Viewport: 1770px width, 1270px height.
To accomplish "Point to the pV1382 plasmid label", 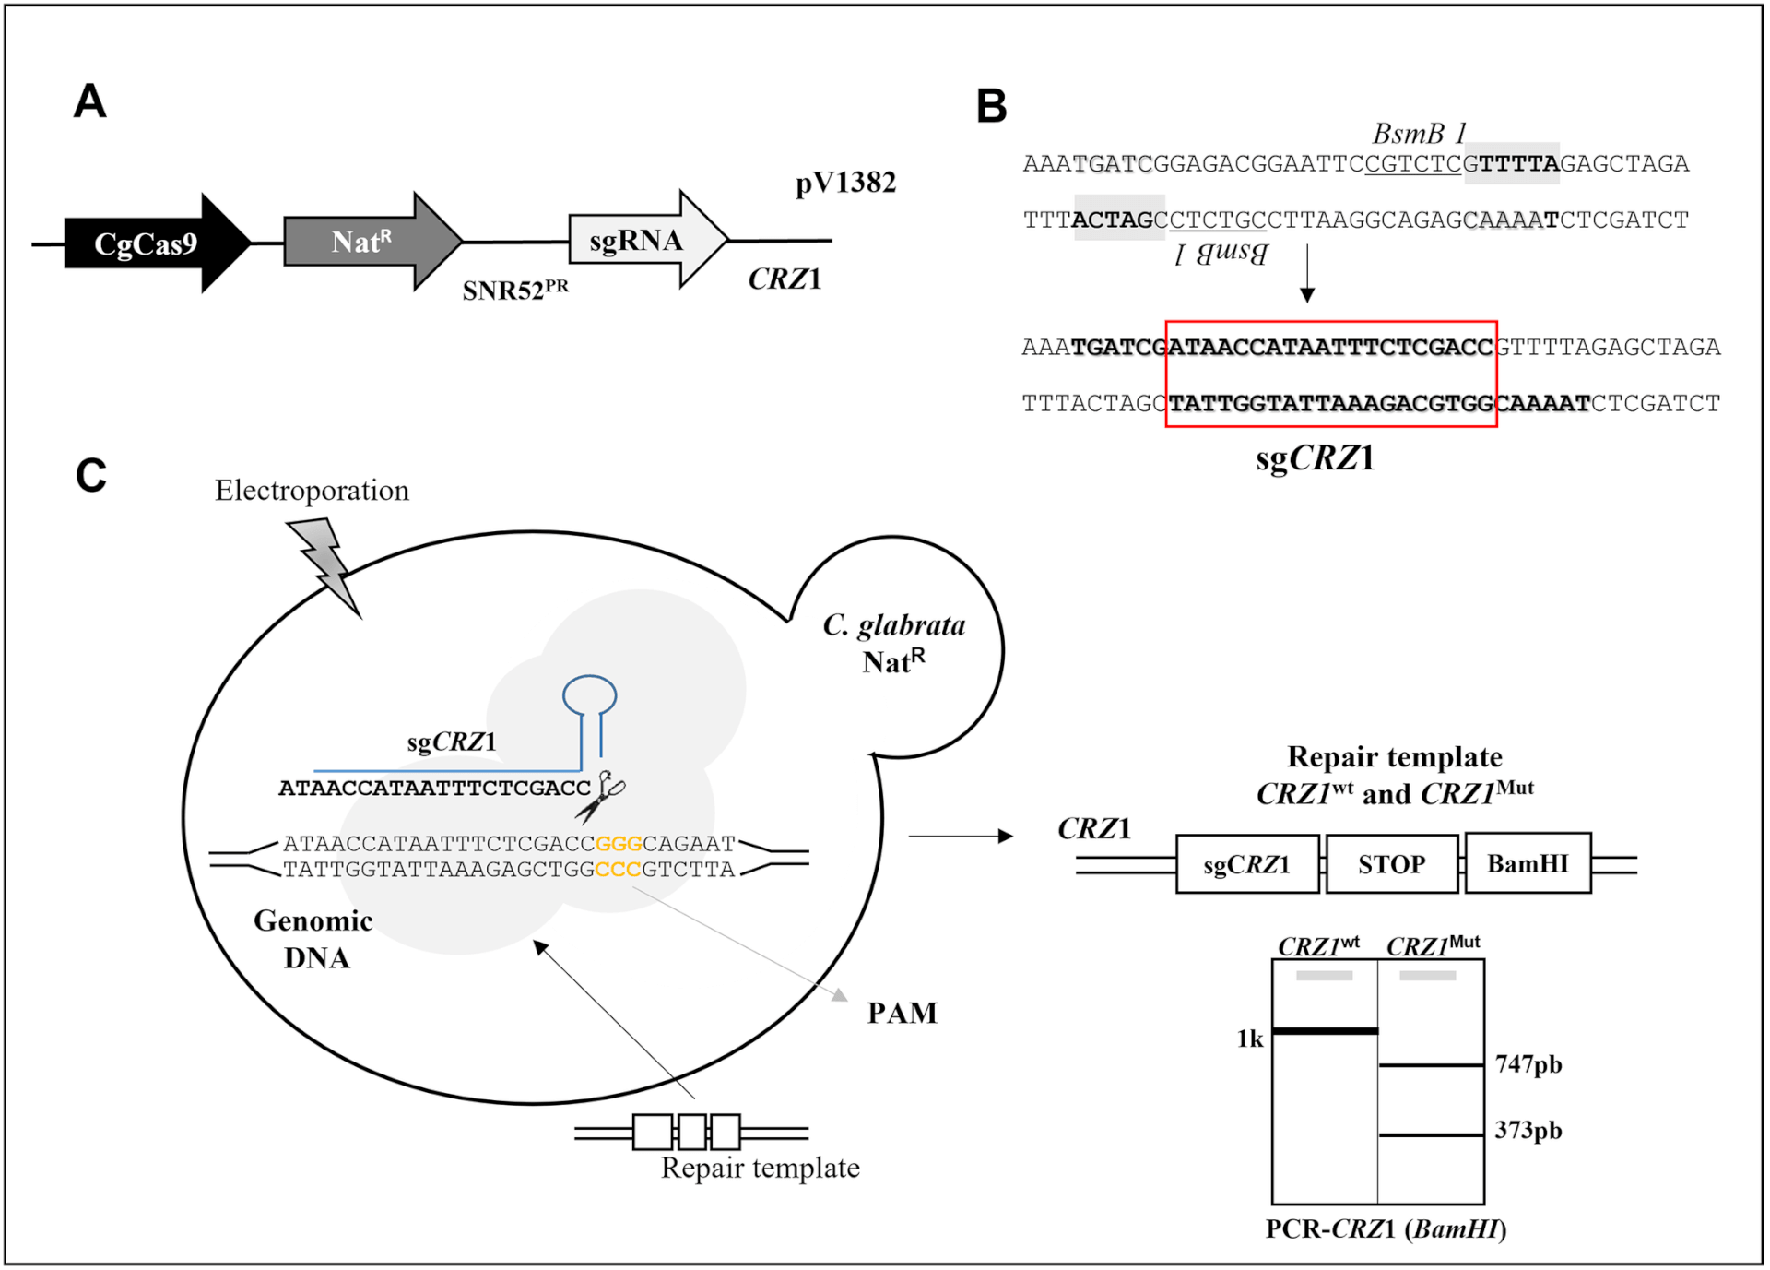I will (845, 183).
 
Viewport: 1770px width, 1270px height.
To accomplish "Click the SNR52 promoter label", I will (514, 291).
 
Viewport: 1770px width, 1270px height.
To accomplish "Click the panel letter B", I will (992, 107).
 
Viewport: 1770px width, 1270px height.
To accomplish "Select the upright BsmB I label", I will (1418, 135).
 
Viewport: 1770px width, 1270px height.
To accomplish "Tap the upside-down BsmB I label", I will (1221, 253).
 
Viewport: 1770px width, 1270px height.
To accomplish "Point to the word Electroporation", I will (312, 490).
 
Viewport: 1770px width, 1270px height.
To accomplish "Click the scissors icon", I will (601, 796).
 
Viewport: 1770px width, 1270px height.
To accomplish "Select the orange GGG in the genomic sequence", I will (619, 844).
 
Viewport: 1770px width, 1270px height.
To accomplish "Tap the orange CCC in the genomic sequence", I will (618, 870).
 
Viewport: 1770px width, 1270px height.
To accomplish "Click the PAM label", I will (902, 1013).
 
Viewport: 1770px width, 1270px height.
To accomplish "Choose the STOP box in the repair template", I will (1391, 864).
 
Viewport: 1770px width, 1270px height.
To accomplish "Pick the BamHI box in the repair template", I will (1528, 864).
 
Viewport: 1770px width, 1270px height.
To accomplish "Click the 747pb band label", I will (1528, 1064).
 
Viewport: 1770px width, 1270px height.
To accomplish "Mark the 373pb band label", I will (1528, 1131).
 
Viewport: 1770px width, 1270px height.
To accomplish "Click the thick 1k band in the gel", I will (1325, 1030).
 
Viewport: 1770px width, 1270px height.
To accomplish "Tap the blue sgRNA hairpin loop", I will (590, 695).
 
